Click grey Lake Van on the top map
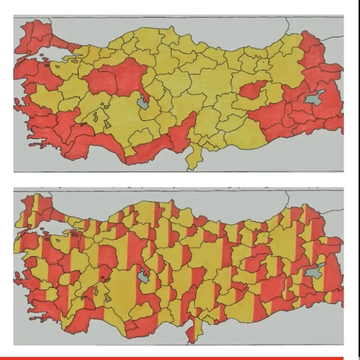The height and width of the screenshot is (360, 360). [315, 98]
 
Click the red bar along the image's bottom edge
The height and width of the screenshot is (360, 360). [180, 357]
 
